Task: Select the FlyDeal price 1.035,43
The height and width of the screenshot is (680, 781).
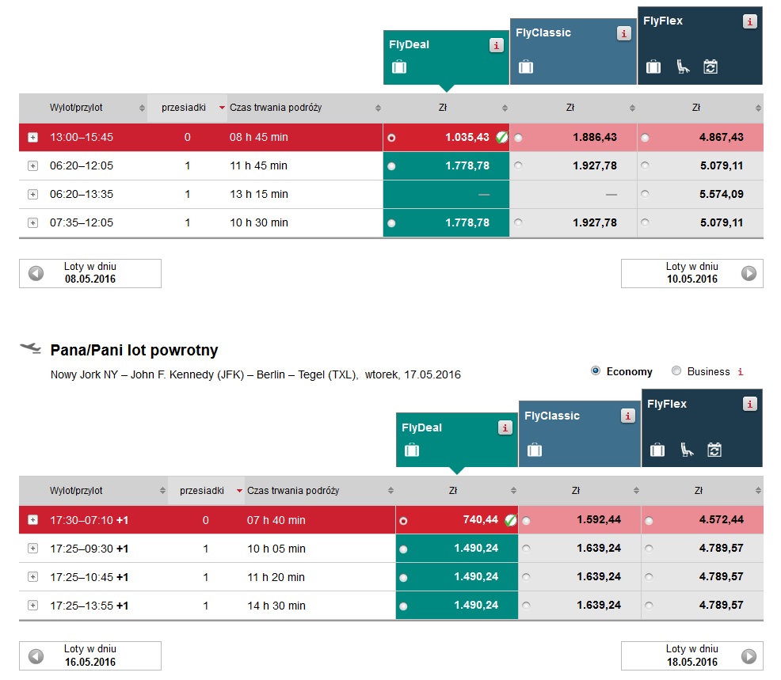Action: coord(467,138)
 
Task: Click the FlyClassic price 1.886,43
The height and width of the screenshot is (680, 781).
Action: coord(595,138)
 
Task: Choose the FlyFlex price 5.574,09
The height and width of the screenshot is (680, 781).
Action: coord(722,194)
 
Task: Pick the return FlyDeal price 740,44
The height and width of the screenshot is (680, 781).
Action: coord(480,520)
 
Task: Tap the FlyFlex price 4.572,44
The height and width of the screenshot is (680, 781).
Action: coord(722,520)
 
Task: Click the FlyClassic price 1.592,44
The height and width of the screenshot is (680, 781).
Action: coord(599,520)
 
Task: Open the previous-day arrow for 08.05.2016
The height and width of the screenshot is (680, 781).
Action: coord(36,273)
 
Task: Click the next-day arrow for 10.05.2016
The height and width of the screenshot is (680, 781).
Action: coord(749,273)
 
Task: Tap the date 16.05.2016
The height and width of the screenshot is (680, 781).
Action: coord(90,662)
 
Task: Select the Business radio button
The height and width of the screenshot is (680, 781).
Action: coord(676,370)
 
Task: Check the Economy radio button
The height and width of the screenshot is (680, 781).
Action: coord(595,370)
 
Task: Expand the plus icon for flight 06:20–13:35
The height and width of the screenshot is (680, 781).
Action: coord(33,194)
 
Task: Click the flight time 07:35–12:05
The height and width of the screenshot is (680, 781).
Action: coord(81,222)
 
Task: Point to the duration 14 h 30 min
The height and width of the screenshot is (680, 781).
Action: coord(276,606)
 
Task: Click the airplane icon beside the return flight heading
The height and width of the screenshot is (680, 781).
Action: coord(30,348)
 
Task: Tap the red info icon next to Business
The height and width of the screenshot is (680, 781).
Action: coord(741,372)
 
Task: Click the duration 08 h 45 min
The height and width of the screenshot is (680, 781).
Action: coord(258,138)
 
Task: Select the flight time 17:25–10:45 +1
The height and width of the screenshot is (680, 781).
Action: coord(90,577)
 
